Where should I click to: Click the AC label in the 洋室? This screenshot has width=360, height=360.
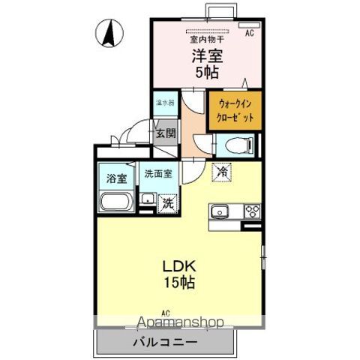(x=249, y=34)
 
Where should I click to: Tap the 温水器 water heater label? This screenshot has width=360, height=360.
(x=165, y=102)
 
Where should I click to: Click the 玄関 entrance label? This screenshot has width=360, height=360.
(x=166, y=134)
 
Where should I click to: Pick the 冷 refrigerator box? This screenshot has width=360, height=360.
(x=223, y=172)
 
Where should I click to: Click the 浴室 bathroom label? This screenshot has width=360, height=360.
(x=115, y=180)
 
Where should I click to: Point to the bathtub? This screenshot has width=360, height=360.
(x=116, y=202)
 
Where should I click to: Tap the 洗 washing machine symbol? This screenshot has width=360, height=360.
(x=169, y=202)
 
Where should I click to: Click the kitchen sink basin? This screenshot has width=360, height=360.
(x=221, y=210)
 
